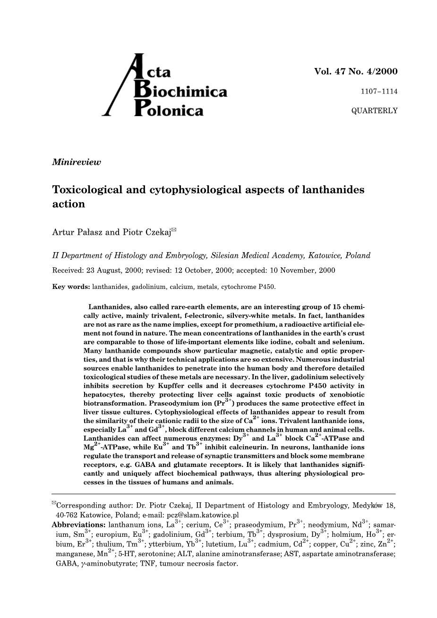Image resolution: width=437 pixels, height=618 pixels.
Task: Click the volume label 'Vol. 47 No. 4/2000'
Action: pyautogui.click(x=356, y=72)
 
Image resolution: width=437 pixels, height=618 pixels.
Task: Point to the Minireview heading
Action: pyautogui.click(x=77, y=162)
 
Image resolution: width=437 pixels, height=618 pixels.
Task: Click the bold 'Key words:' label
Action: pyautogui.click(x=71, y=286)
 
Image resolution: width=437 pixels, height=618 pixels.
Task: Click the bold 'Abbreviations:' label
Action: pyautogui.click(x=79, y=525)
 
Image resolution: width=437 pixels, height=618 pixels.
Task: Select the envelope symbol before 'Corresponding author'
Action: pyautogui.click(x=54, y=503)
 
